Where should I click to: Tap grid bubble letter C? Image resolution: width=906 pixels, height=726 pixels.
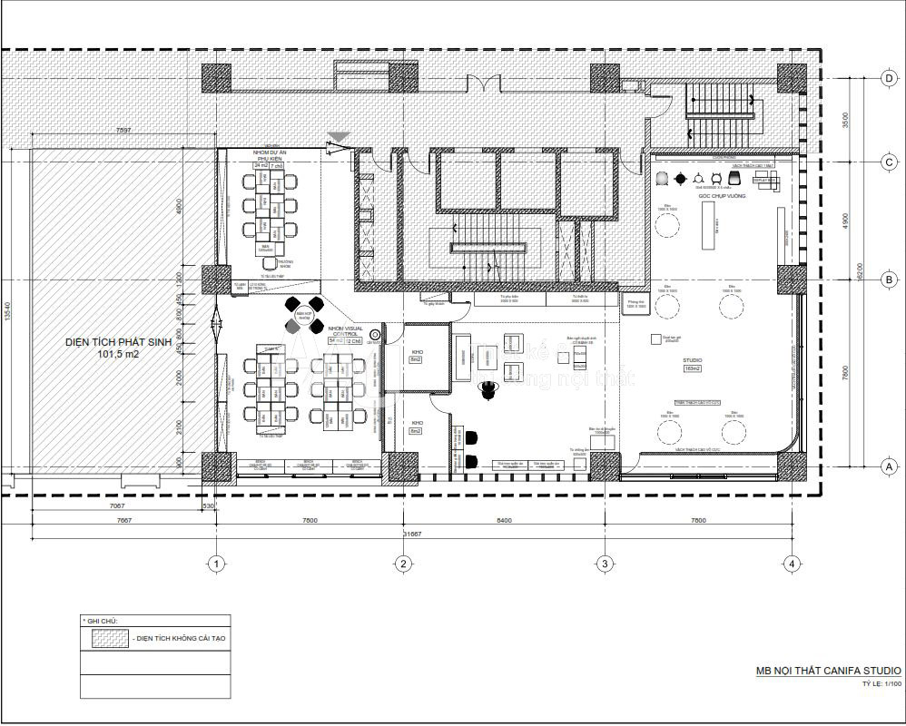pyautogui.click(x=890, y=162)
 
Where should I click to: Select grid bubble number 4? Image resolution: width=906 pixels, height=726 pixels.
pyautogui.click(x=793, y=564)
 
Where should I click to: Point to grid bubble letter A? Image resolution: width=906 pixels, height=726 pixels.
pyautogui.click(x=890, y=466)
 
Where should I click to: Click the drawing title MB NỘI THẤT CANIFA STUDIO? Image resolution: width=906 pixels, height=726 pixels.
pyautogui.click(x=829, y=672)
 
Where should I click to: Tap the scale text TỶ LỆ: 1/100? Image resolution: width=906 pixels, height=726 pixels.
pyautogui.click(x=876, y=684)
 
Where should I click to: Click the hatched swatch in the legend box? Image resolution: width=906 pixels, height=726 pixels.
pyautogui.click(x=106, y=638)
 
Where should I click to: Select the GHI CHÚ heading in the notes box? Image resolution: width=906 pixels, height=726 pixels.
pyautogui.click(x=103, y=621)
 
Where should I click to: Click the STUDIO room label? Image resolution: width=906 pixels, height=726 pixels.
pyautogui.click(x=694, y=360)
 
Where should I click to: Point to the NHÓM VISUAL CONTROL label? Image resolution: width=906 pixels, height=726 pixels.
pyautogui.click(x=344, y=330)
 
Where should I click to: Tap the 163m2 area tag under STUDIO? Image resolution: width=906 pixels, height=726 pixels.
pyautogui.click(x=694, y=368)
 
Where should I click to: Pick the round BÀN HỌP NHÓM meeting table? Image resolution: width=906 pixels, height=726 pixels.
pyautogui.click(x=302, y=313)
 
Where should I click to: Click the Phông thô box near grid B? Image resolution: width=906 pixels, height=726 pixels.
pyautogui.click(x=635, y=304)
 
